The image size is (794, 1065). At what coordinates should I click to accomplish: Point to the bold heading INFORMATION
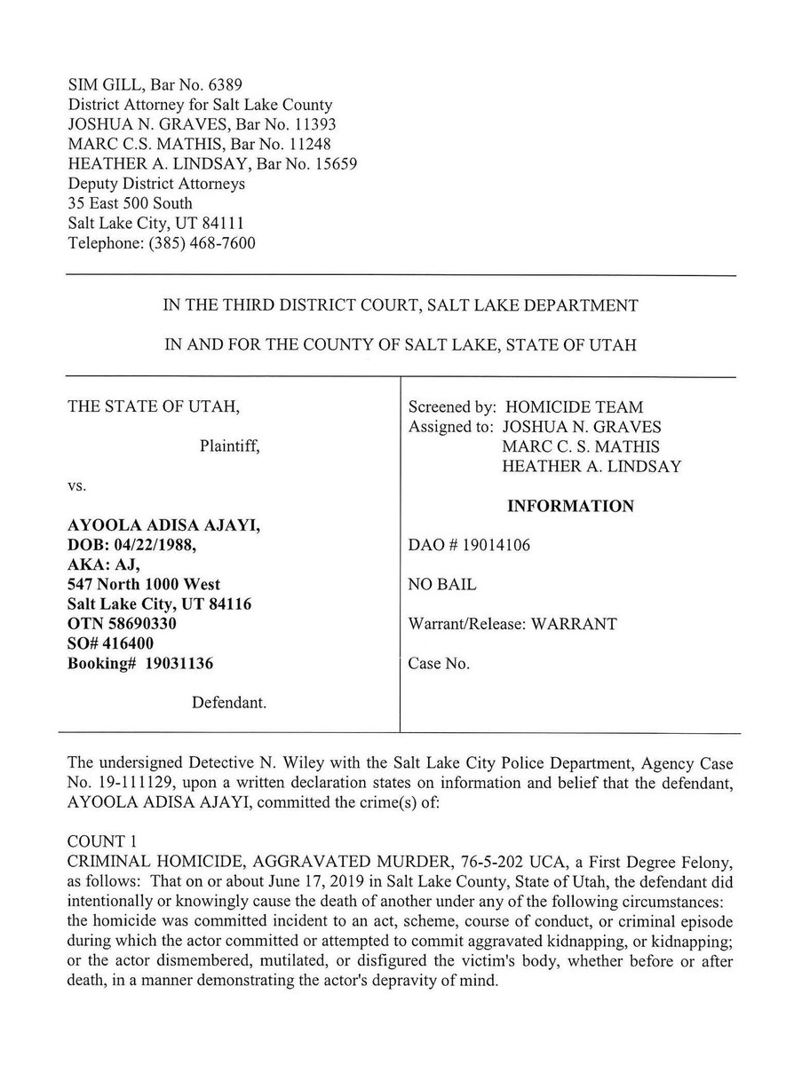click(x=570, y=507)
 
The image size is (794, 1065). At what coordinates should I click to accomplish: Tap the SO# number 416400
click(x=130, y=643)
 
